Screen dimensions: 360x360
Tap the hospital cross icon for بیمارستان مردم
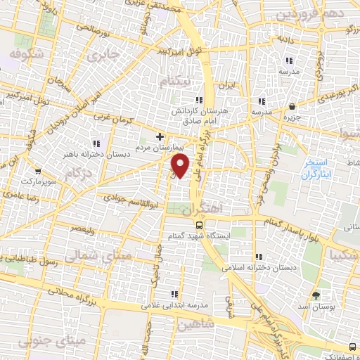[x=160, y=136]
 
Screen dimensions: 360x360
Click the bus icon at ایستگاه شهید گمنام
[x=200, y=226]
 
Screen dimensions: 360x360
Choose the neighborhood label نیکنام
[x=175, y=82]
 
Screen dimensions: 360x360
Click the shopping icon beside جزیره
[x=292, y=107]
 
